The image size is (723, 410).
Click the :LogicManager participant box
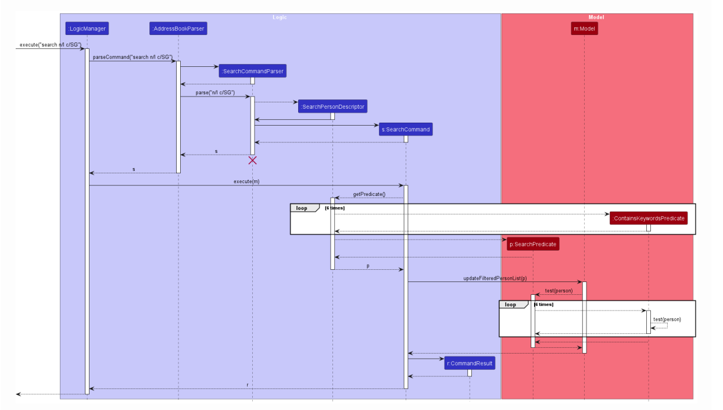tap(87, 28)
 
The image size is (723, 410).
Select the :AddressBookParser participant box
tap(178, 28)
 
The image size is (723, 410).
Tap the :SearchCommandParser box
tap(252, 71)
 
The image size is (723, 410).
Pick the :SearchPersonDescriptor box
tap(332, 107)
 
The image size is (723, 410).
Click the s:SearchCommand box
tap(406, 129)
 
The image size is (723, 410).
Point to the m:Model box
tap(584, 28)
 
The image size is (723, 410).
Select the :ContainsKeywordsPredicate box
tap(649, 219)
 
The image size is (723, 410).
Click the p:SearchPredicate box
tap(533, 244)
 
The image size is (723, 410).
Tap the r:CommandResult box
tap(470, 363)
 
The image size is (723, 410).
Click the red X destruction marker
tap(252, 160)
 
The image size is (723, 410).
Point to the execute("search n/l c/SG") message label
tap(50, 45)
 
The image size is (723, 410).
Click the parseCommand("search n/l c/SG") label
tap(133, 57)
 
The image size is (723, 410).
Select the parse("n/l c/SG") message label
tap(215, 93)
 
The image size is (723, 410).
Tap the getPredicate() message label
tap(369, 194)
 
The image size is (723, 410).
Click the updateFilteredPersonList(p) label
tap(495, 279)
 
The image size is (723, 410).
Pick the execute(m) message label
tap(246, 181)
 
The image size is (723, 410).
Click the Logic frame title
tap(280, 17)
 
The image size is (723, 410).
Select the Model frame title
tap(596, 17)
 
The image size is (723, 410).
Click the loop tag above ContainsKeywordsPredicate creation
tap(302, 208)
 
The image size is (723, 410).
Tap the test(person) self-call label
tap(667, 319)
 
